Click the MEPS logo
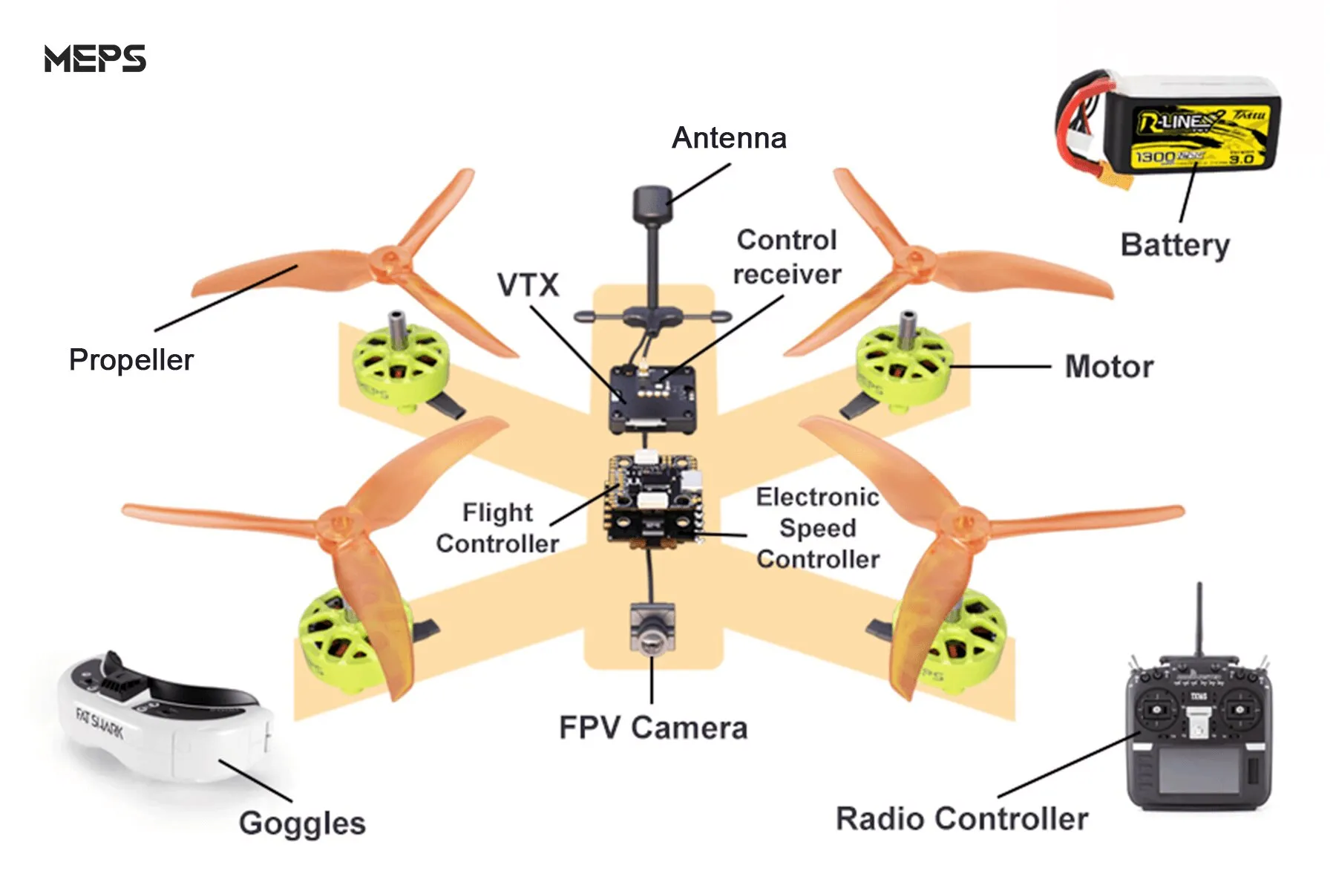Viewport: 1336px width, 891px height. [x=95, y=59]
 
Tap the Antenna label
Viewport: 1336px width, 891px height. [x=729, y=138]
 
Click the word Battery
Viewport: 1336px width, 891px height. [x=1175, y=245]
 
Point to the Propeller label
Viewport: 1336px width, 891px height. [x=131, y=360]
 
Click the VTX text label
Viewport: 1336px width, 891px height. [x=528, y=285]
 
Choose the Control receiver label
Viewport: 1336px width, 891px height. [x=787, y=257]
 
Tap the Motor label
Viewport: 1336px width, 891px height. [x=1109, y=367]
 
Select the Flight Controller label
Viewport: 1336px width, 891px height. [x=497, y=528]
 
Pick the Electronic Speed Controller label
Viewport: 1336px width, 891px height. [x=818, y=528]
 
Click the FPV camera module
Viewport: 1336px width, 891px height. [x=652, y=627]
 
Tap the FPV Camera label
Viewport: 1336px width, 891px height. [x=653, y=728]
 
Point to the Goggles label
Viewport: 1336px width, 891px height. [x=302, y=823]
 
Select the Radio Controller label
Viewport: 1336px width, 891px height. [x=962, y=819]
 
